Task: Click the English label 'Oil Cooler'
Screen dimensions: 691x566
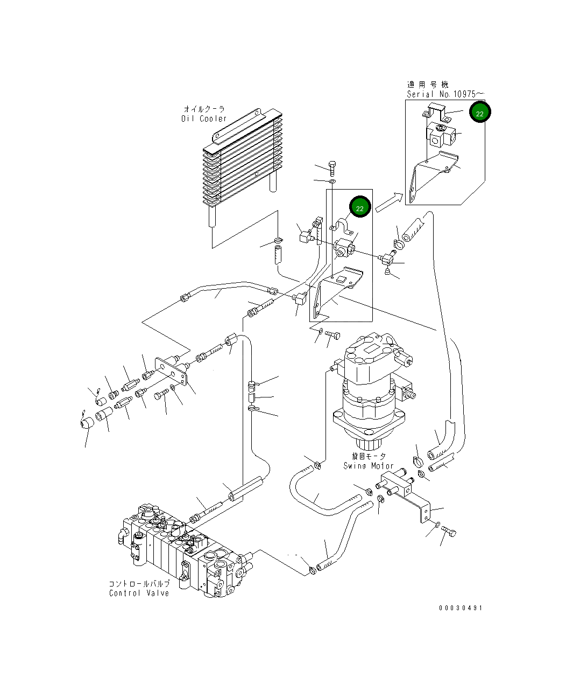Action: [x=204, y=118]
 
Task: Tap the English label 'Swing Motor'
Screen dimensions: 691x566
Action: [x=369, y=466]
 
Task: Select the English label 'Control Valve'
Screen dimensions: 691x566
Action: [x=139, y=593]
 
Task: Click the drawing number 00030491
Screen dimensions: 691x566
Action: [x=461, y=608]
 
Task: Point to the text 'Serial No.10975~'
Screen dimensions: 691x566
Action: [x=445, y=94]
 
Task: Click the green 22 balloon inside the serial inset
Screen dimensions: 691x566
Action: [x=479, y=113]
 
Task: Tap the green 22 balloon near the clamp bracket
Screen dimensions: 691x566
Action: [x=360, y=208]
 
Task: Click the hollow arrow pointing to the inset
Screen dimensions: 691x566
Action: [x=389, y=203]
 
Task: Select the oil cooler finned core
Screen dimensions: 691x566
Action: [x=242, y=162]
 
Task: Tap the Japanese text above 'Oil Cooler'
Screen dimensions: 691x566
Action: [x=204, y=109]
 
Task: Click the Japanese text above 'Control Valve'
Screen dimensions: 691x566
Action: [x=139, y=584]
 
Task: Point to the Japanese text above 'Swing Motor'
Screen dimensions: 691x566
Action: [x=365, y=457]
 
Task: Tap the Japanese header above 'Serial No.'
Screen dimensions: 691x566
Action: [x=428, y=85]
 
